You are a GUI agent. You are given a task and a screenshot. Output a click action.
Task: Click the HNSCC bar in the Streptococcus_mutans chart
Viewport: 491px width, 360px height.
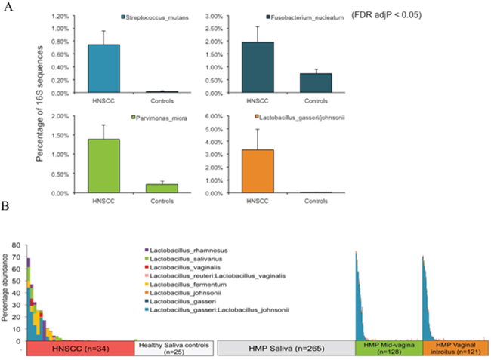point(103,69)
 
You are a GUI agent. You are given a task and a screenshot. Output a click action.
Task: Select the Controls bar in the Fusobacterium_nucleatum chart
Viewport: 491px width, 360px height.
point(316,83)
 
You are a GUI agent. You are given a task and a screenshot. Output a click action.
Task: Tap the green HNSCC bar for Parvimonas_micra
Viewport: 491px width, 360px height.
point(103,166)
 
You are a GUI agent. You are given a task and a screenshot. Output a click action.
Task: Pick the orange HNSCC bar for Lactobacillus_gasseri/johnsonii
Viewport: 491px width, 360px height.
point(258,171)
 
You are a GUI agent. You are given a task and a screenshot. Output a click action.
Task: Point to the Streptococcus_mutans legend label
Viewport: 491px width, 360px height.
point(157,17)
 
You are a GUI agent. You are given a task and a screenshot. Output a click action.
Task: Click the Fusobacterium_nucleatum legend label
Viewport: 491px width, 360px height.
point(307,17)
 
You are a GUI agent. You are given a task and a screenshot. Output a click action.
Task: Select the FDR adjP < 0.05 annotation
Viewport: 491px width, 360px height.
point(387,14)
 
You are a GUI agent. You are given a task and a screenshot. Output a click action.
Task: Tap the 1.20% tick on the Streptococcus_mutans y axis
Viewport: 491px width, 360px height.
point(60,16)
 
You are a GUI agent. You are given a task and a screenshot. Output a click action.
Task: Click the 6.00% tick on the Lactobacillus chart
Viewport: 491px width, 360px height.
point(214,116)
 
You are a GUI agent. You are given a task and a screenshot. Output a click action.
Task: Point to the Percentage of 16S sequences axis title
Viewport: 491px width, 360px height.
point(39,103)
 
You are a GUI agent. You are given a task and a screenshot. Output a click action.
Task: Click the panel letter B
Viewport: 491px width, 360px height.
point(5,206)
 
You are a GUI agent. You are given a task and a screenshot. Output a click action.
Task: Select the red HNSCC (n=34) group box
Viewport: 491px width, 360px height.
point(81,349)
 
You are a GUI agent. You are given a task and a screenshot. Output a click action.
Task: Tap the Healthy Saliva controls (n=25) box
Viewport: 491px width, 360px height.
point(174,349)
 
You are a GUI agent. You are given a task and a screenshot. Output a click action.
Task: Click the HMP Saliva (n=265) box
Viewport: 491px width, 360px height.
point(286,349)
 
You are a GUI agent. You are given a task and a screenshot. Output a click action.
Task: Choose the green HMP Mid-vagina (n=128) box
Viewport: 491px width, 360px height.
point(389,349)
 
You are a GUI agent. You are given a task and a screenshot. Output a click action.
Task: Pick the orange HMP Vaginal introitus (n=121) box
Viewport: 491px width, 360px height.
point(455,349)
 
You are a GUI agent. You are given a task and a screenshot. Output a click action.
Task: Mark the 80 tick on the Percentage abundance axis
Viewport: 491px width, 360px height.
point(16,245)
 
